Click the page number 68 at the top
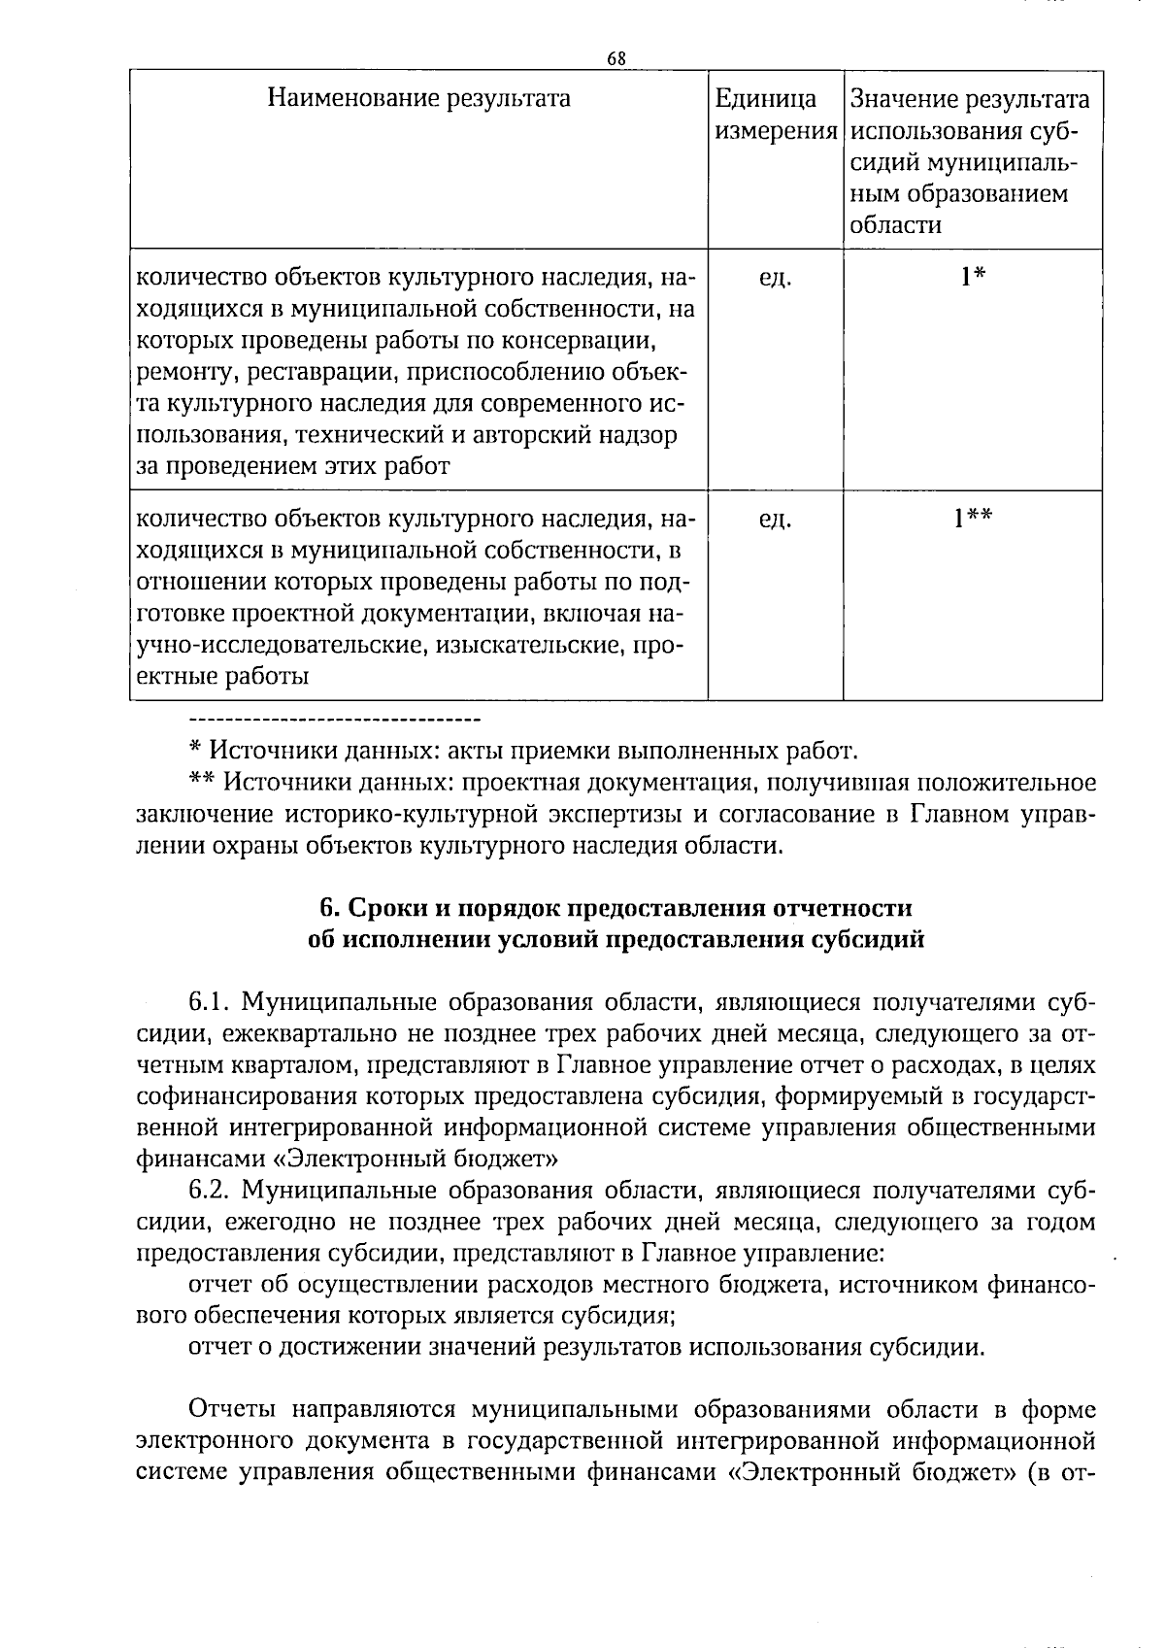[616, 58]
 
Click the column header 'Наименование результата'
[418, 99]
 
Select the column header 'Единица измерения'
[776, 115]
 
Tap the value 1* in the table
[973, 278]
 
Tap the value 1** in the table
[973, 520]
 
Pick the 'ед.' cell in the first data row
[775, 279]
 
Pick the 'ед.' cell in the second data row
[775, 521]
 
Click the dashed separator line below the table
[333, 720]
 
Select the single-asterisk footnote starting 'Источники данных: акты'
[523, 751]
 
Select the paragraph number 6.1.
[209, 1001]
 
